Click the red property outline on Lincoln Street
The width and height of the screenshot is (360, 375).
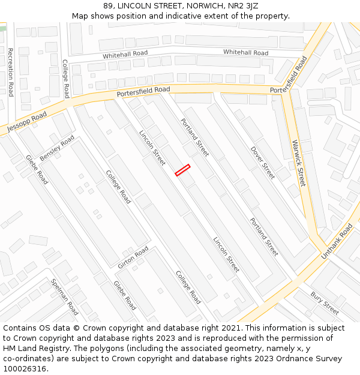point(182,170)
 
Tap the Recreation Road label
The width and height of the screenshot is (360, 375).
point(10,72)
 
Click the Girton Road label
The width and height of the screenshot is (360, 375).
point(133,257)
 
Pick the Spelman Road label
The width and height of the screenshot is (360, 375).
point(64,296)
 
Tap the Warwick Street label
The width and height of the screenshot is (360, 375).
point(298,163)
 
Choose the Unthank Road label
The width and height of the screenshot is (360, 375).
point(337,241)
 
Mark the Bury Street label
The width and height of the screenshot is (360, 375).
point(325,303)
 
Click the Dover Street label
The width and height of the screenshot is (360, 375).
point(262,163)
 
